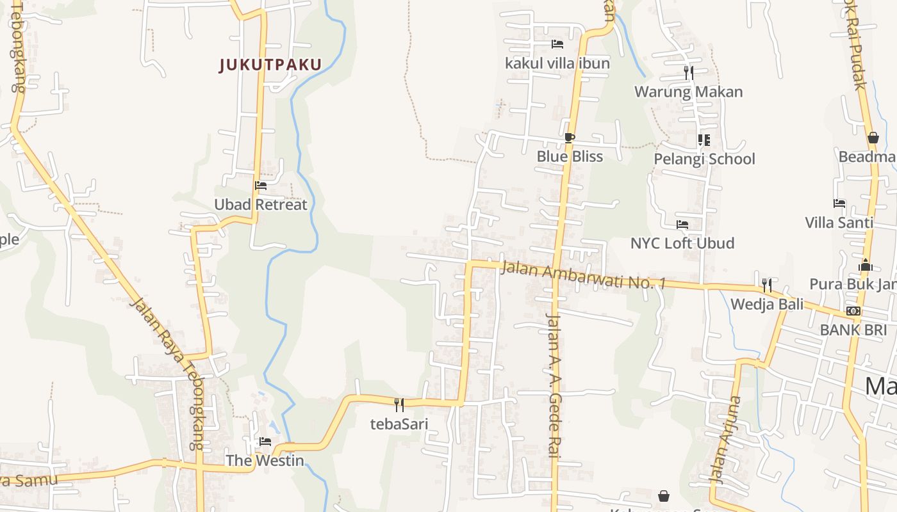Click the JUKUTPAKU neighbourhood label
270,65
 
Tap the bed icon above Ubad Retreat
261,186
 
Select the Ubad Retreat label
261,205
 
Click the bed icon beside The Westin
265,442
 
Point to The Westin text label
265,460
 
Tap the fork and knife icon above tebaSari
399,404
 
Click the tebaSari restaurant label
399,424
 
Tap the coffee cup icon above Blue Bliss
570,138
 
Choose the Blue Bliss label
570,156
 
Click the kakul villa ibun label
557,63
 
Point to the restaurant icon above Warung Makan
689,73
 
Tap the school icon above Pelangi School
704,140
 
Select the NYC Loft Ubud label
682,243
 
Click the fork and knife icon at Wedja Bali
766,285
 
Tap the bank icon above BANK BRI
853,311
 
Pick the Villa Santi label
839,223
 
